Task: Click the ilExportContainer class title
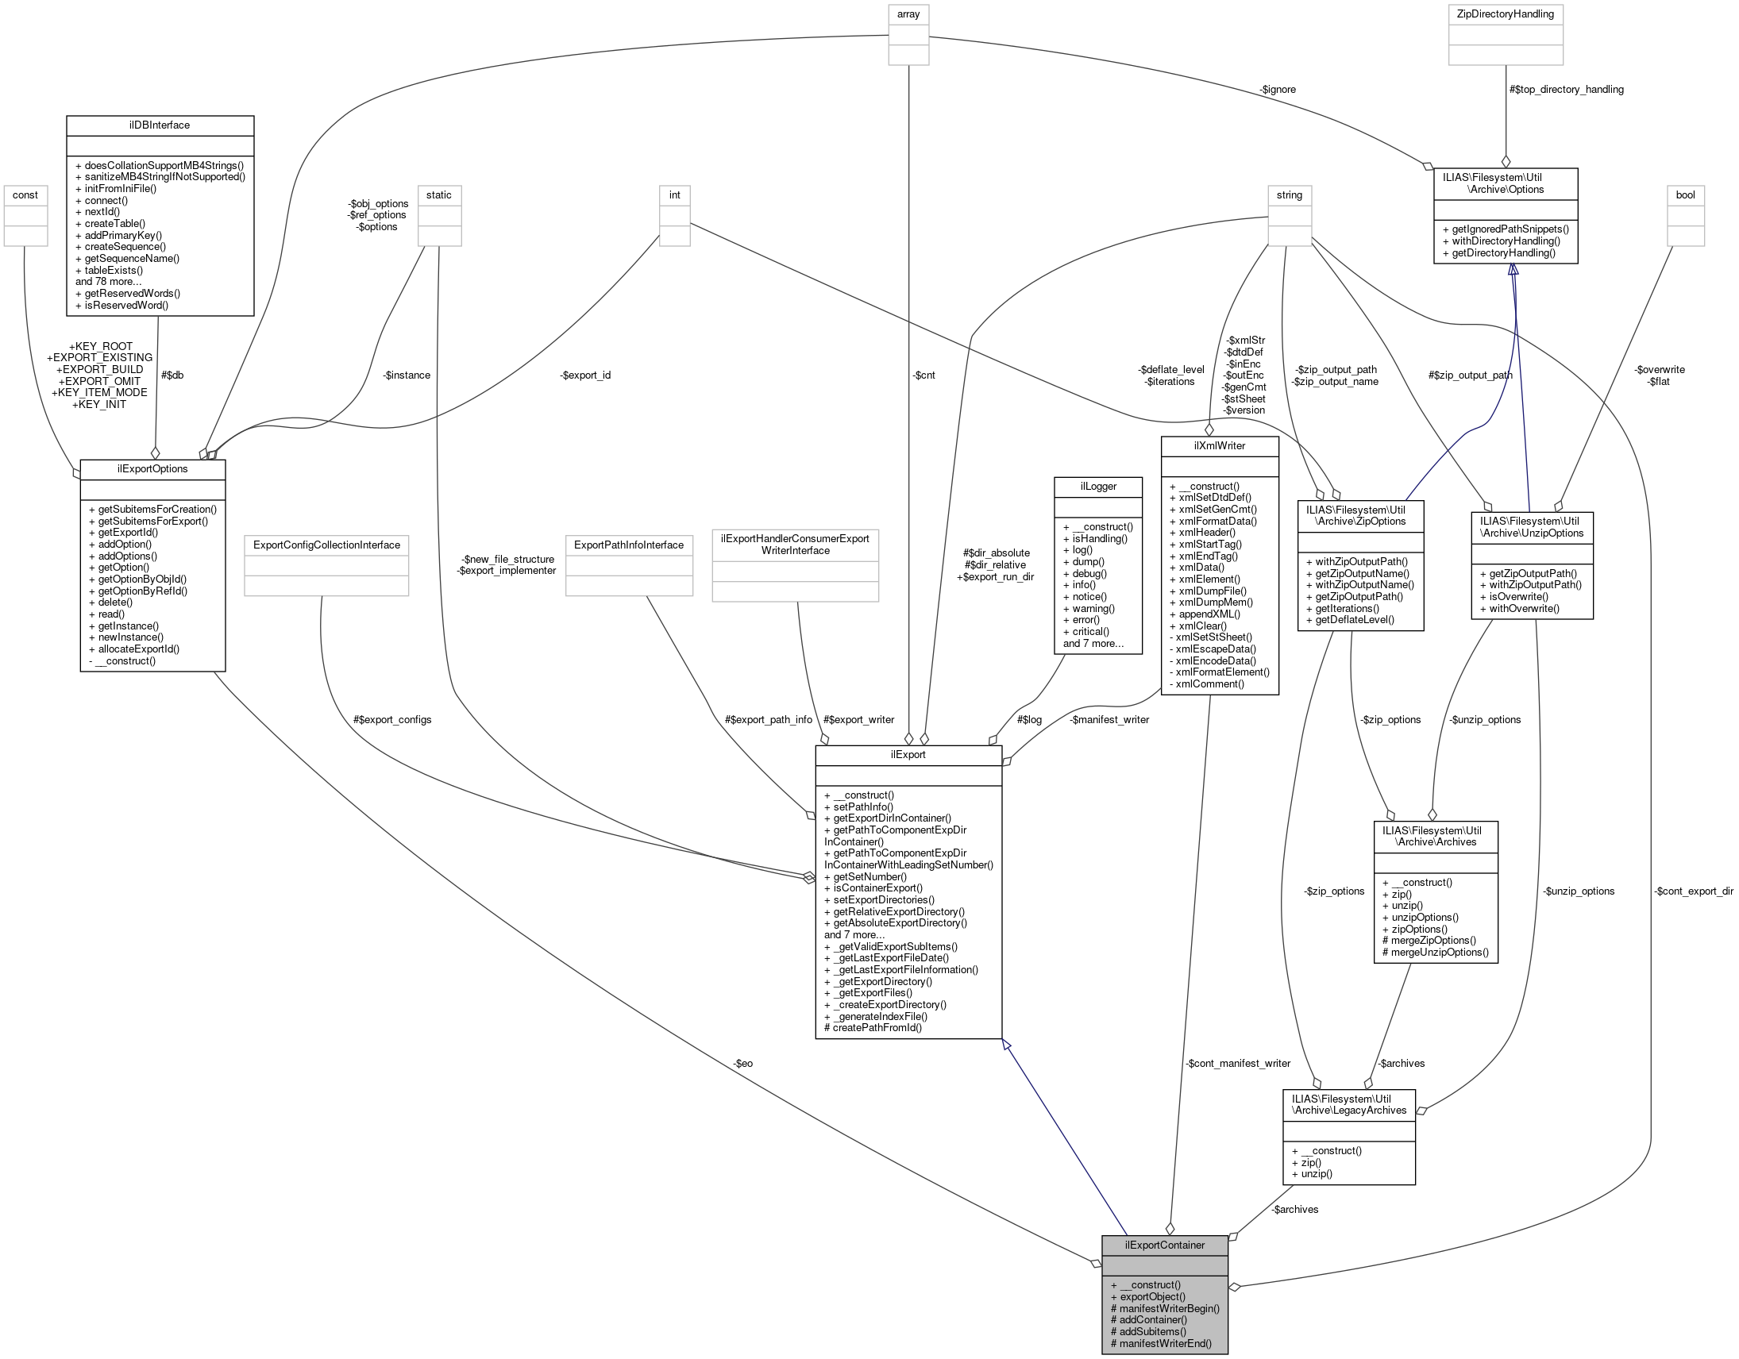[x=1164, y=1245]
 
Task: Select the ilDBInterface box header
[x=160, y=125]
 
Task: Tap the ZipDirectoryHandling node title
[x=1505, y=13]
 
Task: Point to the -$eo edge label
[x=743, y=1064]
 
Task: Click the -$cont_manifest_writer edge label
[x=1237, y=1064]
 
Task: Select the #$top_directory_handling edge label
[x=1565, y=89]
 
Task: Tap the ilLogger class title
[x=1098, y=487]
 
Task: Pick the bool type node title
[x=1685, y=195]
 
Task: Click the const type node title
[x=25, y=195]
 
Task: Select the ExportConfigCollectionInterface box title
[x=326, y=545]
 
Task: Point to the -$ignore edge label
[x=1278, y=89]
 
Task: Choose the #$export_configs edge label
[x=391, y=720]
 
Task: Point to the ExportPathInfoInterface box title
[x=629, y=545]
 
